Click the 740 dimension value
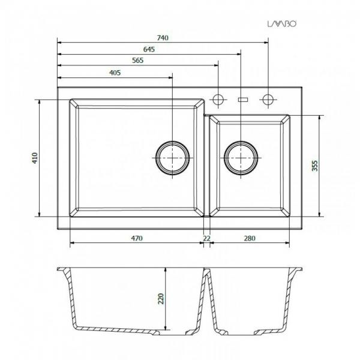click(163, 37)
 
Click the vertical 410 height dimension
click(35, 158)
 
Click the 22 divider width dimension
click(206, 238)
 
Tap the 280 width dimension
click(250, 238)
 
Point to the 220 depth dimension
click(160, 298)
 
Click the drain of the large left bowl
click(173, 160)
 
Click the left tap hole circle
click(218, 98)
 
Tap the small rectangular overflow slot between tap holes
click(243, 98)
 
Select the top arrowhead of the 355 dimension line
click(319, 118)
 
